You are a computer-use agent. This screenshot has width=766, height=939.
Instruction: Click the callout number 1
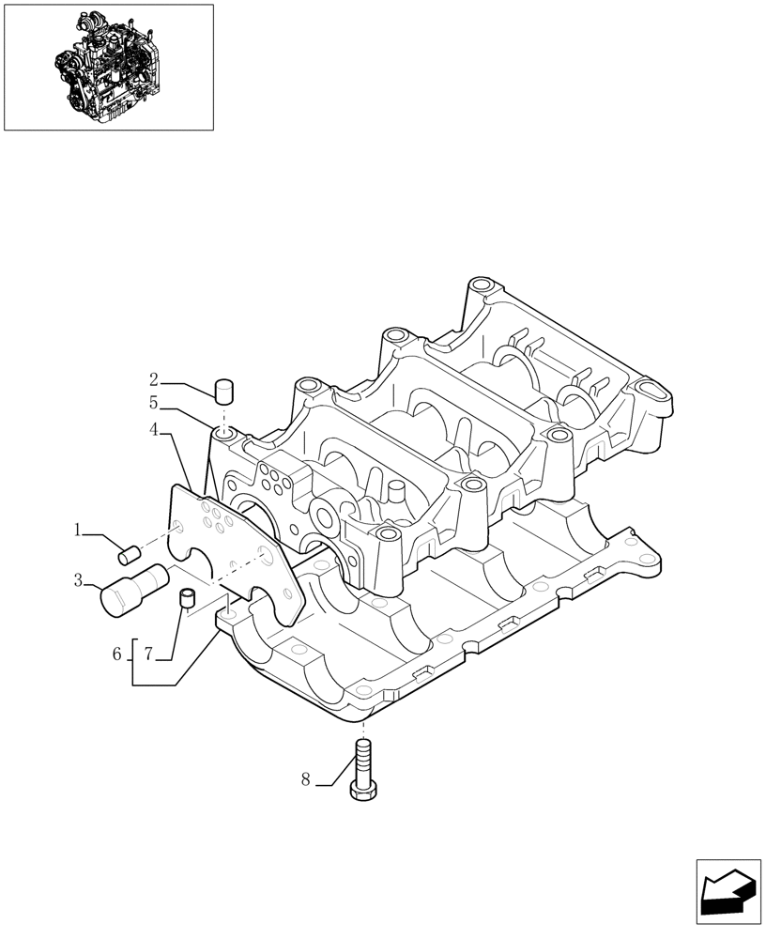(x=79, y=531)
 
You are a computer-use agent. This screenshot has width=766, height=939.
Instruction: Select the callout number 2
(x=153, y=380)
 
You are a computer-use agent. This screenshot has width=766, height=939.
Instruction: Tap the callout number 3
(x=79, y=581)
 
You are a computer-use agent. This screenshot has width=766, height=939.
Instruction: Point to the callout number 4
(x=153, y=431)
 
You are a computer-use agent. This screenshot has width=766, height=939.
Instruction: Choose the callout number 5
(x=153, y=405)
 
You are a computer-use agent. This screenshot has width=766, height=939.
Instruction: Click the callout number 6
(x=117, y=654)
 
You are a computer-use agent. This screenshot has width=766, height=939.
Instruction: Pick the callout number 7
(x=147, y=654)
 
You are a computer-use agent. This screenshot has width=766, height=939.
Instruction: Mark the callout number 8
(x=305, y=778)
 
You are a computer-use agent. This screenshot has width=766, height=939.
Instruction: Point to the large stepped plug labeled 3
(x=130, y=588)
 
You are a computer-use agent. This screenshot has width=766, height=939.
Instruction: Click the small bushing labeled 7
(x=186, y=596)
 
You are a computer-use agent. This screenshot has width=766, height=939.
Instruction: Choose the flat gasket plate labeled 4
(x=235, y=549)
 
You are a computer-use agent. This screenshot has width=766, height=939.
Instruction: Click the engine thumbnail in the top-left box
(x=108, y=66)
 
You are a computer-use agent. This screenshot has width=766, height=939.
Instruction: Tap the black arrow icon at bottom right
(x=727, y=890)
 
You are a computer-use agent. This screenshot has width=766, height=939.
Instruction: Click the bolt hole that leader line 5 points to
(x=222, y=434)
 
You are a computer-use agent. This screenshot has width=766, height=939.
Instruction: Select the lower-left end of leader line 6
(x=133, y=685)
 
